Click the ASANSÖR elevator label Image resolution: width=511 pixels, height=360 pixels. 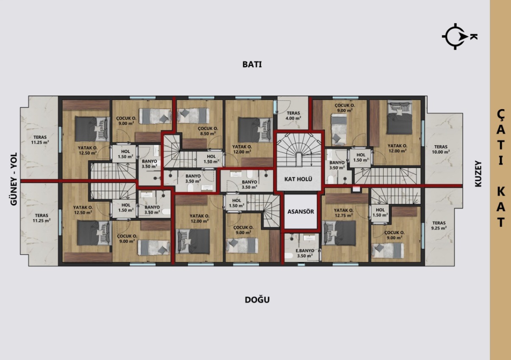pos(300,212)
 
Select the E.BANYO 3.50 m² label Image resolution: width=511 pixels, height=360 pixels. pos(305,253)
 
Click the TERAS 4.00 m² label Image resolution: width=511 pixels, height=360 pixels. pos(293,115)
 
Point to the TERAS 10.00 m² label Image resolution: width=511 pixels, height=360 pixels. pos(441,149)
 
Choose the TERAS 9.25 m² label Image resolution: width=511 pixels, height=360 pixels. pos(440,225)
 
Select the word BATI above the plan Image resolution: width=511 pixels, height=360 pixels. pos(252,65)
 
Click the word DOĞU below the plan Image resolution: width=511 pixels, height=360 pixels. pos(257,300)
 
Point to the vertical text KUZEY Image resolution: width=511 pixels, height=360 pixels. pos(478,173)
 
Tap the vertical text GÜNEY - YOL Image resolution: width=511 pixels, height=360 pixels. pos(14,179)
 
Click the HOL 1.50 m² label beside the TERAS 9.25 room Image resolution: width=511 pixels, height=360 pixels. pos(380,212)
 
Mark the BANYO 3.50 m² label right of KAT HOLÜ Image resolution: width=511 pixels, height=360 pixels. pos(337,165)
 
